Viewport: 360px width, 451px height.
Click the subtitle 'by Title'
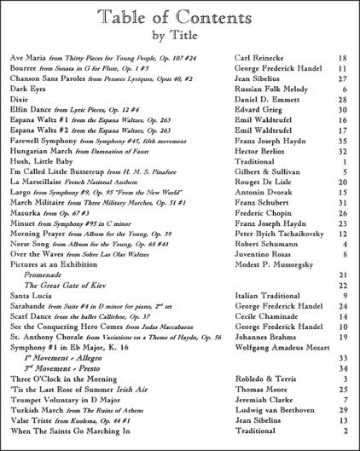pos(180,37)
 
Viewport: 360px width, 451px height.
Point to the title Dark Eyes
pos(27,89)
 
